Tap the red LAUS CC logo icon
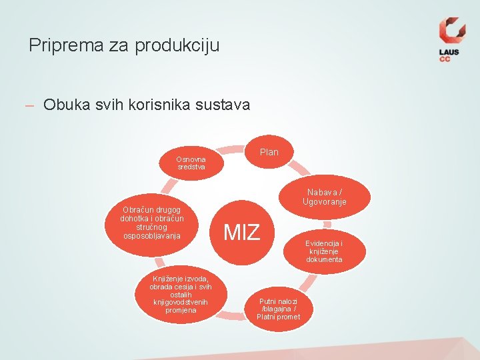click(451, 31)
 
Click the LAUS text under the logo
click(449, 52)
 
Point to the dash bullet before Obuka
click(29, 105)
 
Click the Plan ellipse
click(269, 152)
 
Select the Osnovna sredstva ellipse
click(191, 163)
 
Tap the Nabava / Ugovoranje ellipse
click(324, 197)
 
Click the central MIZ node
click(242, 232)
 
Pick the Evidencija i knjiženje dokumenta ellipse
click(325, 251)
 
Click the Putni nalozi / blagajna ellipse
click(279, 309)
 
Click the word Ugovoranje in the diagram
click(324, 202)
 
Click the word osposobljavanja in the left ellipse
click(152, 235)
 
